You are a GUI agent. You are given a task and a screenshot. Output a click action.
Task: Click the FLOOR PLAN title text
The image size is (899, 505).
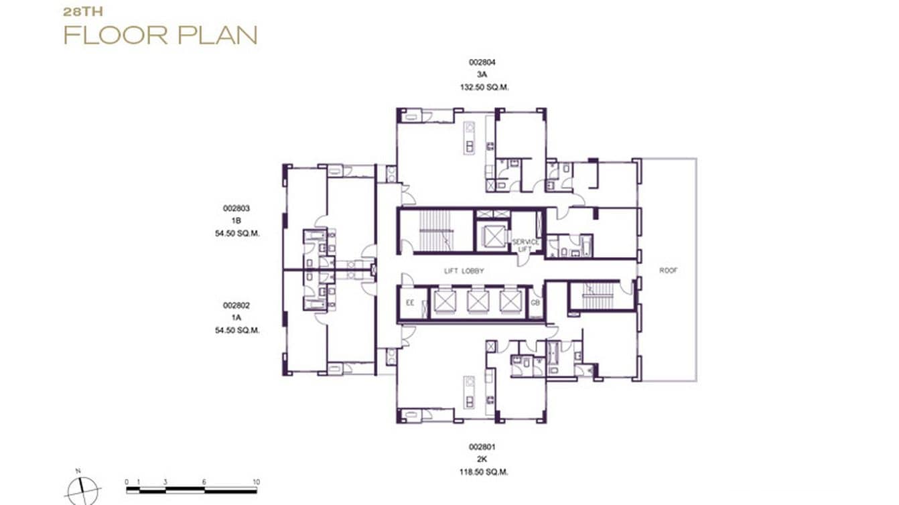click(x=160, y=35)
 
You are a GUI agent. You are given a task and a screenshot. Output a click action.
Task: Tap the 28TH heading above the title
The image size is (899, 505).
click(x=83, y=11)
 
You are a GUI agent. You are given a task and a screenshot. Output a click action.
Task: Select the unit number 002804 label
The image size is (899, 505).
click(x=482, y=62)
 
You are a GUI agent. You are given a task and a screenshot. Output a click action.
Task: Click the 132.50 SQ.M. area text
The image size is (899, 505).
click(x=482, y=87)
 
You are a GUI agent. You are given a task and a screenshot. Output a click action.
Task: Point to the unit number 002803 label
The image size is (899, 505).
click(x=236, y=208)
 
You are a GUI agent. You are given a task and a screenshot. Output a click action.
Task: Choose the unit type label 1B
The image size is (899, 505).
click(x=236, y=220)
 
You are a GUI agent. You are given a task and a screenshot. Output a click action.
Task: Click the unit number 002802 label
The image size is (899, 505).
click(x=236, y=305)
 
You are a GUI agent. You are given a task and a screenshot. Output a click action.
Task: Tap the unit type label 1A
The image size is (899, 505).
click(x=236, y=317)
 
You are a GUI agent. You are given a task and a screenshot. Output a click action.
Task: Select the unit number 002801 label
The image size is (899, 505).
click(x=482, y=447)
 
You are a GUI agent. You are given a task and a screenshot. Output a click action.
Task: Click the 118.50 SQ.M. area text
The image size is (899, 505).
click(x=482, y=472)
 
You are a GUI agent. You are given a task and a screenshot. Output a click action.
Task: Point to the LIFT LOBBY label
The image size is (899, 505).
click(x=464, y=271)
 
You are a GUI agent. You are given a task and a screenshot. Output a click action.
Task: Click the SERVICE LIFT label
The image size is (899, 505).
click(x=525, y=245)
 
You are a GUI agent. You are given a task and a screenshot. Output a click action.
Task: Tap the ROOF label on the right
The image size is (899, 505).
click(x=668, y=271)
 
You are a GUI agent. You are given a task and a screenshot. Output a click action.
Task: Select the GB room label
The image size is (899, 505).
click(x=535, y=303)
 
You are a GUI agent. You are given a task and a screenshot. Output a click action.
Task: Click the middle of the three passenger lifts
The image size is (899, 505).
click(x=477, y=302)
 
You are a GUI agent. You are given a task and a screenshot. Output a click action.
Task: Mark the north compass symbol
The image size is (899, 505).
click(x=83, y=490)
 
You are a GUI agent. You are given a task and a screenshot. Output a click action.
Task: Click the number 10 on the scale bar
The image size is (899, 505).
click(x=256, y=482)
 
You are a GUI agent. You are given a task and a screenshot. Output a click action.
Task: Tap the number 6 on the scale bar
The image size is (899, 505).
click(x=204, y=482)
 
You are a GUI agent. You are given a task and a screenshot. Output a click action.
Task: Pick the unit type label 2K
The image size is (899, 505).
click(x=482, y=459)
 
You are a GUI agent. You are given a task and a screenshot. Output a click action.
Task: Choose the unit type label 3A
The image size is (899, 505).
click(x=482, y=74)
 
